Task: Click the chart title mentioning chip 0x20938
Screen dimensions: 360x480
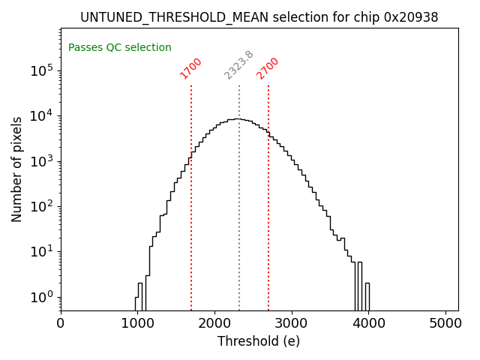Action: tap(259, 17)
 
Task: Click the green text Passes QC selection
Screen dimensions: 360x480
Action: tap(120, 48)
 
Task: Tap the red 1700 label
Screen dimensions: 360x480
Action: tap(191, 68)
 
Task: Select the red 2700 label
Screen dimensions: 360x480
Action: tap(268, 68)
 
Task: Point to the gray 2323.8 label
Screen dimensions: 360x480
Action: tap(239, 65)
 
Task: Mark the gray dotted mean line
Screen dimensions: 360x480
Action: tap(239, 225)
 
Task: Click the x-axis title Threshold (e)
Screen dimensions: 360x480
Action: tap(259, 341)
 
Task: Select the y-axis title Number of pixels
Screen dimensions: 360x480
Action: tap(17, 169)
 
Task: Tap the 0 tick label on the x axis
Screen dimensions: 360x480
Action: tap(61, 324)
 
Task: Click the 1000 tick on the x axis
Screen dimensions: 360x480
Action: tap(138, 324)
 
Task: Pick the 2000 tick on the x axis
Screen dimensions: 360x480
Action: tap(214, 324)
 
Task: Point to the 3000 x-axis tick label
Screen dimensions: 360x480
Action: tap(292, 324)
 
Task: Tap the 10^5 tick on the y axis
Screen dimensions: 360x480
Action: tap(42, 70)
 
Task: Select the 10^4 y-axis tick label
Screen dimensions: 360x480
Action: tap(42, 115)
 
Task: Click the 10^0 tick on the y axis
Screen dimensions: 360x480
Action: tap(42, 297)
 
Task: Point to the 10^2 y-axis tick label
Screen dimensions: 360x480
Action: tap(42, 206)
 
